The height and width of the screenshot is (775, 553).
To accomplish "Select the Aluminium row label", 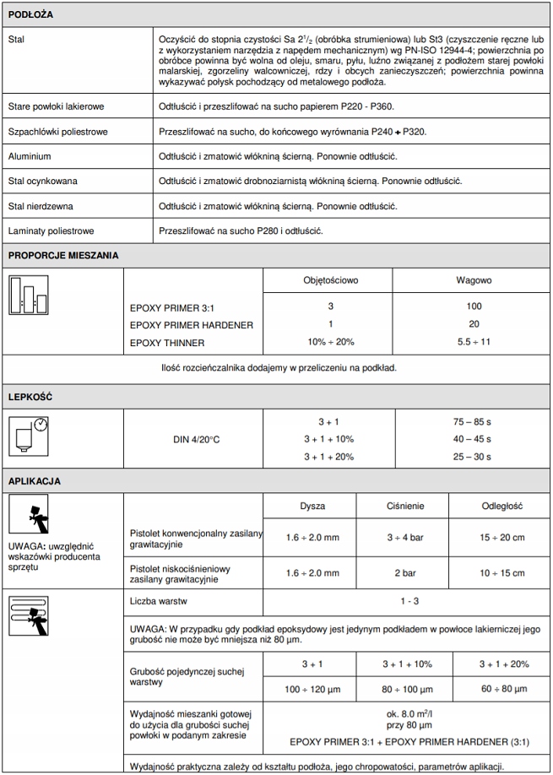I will (x=30, y=157).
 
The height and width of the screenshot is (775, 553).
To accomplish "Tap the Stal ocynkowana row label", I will (x=44, y=182).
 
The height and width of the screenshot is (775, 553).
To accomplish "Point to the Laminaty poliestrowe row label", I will (x=51, y=230).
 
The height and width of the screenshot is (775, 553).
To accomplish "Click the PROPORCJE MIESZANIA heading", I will (x=63, y=255).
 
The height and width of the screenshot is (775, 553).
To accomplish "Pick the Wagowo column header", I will (x=473, y=280).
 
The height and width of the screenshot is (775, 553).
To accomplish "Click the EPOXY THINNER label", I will (x=167, y=343).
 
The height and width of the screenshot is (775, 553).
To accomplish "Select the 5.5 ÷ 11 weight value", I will (x=473, y=343).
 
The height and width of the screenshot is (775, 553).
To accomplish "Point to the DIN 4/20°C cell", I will (x=193, y=438).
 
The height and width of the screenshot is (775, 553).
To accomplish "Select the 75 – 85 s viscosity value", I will (x=473, y=420).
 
